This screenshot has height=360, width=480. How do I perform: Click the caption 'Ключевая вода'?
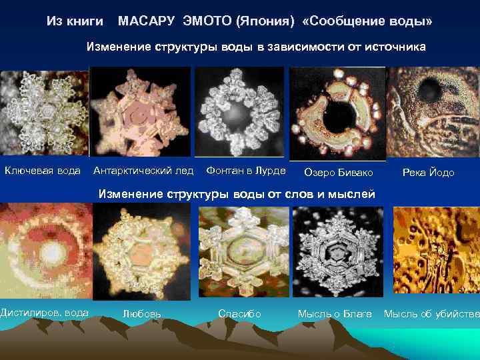click(x=43, y=171)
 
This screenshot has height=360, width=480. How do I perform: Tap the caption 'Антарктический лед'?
click(x=143, y=171)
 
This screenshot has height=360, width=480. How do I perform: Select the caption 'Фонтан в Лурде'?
click(x=246, y=171)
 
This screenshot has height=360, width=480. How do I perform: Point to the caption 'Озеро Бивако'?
click(x=339, y=173)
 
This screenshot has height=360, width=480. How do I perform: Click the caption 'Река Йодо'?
click(x=428, y=173)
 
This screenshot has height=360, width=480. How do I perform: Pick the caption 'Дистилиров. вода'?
click(x=44, y=313)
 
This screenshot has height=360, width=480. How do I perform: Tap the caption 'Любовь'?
click(x=141, y=314)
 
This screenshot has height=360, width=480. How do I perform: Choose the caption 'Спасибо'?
click(x=239, y=313)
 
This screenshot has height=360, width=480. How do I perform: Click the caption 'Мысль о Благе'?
click(x=334, y=313)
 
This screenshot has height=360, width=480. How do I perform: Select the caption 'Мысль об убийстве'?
click(x=431, y=313)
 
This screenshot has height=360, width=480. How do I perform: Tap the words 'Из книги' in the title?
click(x=75, y=22)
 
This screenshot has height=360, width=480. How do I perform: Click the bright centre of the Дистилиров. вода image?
click(x=48, y=253)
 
